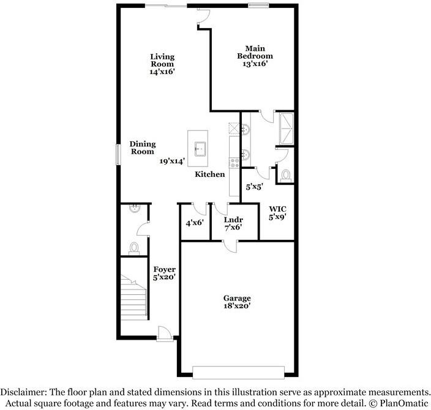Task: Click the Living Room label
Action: coord(162,61)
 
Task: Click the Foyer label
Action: coord(164,269)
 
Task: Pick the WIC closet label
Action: coord(277,208)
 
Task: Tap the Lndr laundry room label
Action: coord(233,219)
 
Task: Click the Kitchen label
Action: coord(209,175)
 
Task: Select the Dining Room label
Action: coord(142,147)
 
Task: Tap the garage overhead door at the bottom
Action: coord(238,371)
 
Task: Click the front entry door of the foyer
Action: coord(164,333)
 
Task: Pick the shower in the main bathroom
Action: coord(285,128)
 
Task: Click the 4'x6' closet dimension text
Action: coord(195,223)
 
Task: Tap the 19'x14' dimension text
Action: coord(173,161)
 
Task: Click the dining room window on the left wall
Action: coord(119,154)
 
